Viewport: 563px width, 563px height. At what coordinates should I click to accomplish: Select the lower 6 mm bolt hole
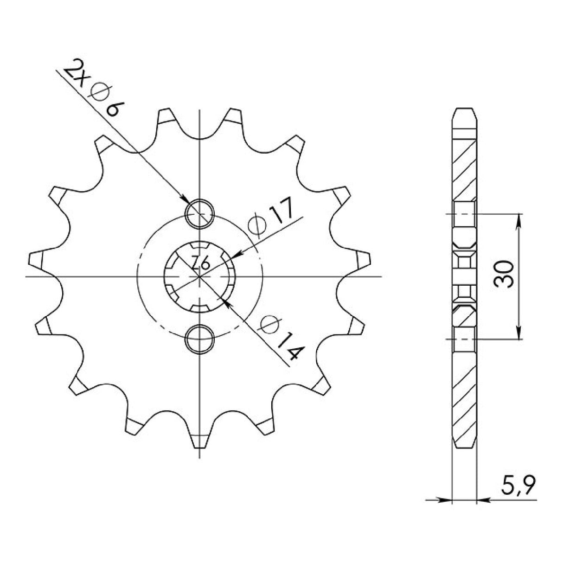[x=200, y=339]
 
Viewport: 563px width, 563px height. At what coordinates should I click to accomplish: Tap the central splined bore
[x=200, y=277]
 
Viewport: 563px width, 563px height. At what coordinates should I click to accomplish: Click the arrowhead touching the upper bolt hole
[x=186, y=200]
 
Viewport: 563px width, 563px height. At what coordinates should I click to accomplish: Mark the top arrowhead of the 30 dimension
[x=518, y=220]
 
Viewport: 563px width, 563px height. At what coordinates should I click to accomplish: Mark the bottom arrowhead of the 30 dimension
[x=518, y=333]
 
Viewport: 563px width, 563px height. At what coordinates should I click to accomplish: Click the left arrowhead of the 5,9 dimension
[x=445, y=500]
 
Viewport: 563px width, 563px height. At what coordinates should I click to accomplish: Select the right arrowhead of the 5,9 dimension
[x=483, y=500]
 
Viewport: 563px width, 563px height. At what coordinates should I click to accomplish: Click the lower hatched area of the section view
[x=464, y=390]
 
